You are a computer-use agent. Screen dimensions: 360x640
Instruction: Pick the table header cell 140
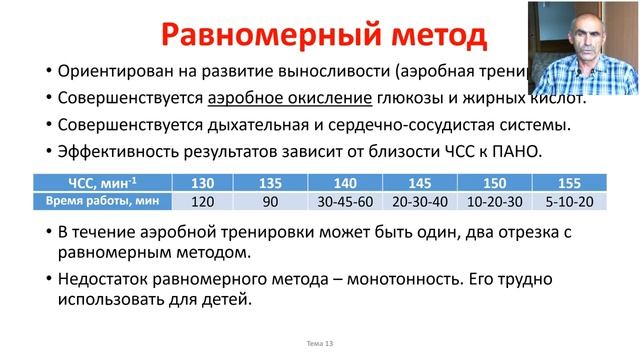[x=342, y=183]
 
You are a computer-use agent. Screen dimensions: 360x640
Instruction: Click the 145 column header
[x=419, y=183]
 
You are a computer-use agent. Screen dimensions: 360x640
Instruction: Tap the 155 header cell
[x=569, y=183]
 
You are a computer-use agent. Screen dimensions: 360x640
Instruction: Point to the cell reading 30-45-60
[x=342, y=201]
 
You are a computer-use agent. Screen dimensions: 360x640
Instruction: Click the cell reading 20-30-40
[x=419, y=201]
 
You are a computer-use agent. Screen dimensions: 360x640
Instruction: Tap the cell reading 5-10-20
[x=569, y=201]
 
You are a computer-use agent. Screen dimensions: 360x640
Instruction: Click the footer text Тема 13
[x=320, y=343]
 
